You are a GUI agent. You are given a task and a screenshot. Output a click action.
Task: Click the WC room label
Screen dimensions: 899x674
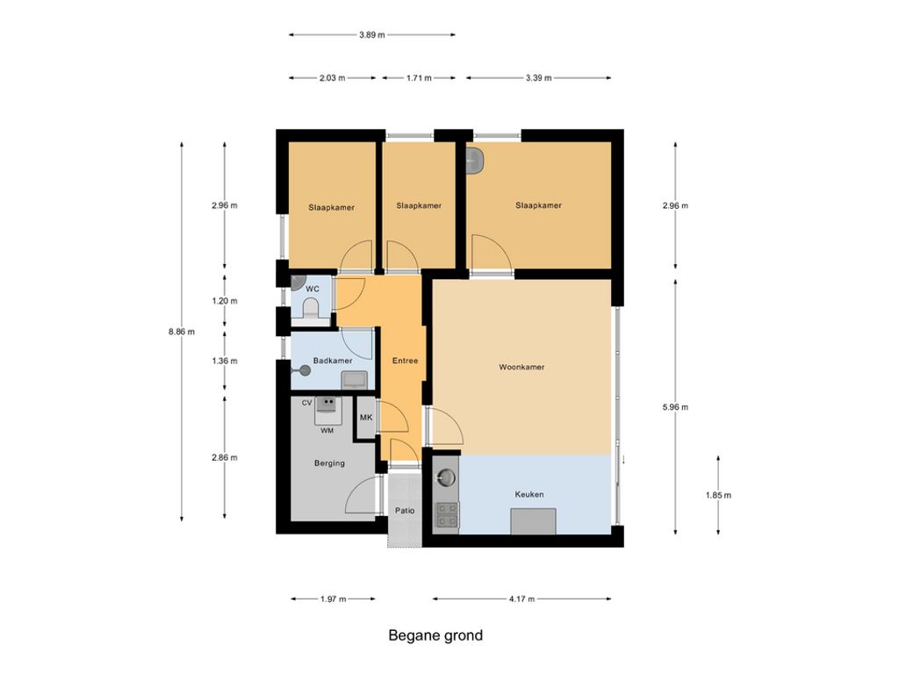click(313, 289)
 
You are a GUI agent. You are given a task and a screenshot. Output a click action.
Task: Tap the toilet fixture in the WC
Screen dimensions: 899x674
click(311, 308)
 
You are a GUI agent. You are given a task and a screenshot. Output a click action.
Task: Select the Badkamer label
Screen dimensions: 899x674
click(333, 361)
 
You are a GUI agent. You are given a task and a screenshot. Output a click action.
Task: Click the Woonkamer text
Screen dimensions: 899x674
click(521, 367)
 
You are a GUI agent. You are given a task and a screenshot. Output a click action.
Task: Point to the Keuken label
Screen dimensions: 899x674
click(529, 494)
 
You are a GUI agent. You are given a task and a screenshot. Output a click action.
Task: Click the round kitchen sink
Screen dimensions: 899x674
click(446, 477)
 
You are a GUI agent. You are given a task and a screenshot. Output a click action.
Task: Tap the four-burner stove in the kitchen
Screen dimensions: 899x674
click(447, 514)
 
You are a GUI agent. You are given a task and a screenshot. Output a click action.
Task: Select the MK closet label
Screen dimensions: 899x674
click(366, 417)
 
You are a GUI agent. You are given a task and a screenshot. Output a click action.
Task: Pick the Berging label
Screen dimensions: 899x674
click(329, 463)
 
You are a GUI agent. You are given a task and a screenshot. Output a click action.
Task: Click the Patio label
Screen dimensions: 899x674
click(405, 511)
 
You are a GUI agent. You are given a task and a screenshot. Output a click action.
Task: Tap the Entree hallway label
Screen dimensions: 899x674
click(405, 361)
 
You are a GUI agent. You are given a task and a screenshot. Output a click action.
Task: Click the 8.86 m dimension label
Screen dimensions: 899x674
click(181, 331)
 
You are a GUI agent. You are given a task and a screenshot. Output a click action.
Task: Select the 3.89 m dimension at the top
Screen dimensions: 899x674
click(372, 34)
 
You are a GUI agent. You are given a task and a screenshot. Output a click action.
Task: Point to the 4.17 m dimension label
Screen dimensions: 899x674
click(521, 599)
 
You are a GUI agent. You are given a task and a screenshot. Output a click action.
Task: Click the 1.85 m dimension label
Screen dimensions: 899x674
click(718, 495)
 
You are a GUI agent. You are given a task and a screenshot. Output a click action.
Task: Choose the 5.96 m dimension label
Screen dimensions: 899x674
click(675, 407)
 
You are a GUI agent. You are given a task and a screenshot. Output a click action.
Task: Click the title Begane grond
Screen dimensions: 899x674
click(435, 635)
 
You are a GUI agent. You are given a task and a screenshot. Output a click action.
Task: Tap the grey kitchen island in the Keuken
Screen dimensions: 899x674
click(533, 521)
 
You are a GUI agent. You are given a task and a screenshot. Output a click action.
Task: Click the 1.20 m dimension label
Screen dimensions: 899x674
click(224, 301)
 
